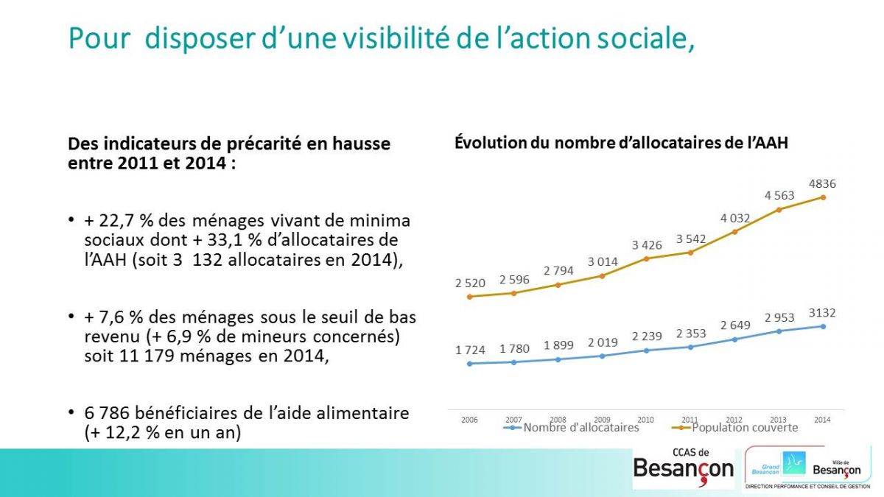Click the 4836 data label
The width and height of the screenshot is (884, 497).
822,184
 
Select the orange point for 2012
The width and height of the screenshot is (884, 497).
735,232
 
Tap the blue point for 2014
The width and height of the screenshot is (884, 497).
824,327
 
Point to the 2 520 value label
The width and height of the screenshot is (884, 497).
470,283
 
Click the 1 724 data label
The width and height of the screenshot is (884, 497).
470,350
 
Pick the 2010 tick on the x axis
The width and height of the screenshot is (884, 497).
645,420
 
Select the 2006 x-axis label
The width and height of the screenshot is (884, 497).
469,420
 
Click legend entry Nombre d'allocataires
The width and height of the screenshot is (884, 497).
571,428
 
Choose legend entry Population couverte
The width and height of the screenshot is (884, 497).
735,428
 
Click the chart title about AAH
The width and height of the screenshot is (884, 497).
621,143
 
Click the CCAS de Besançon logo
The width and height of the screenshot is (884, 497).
684,468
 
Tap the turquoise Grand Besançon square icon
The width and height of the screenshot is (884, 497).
793,463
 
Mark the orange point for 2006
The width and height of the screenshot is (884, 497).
470,297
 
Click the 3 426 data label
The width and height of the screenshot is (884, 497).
647,245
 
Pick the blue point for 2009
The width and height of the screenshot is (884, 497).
603,356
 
